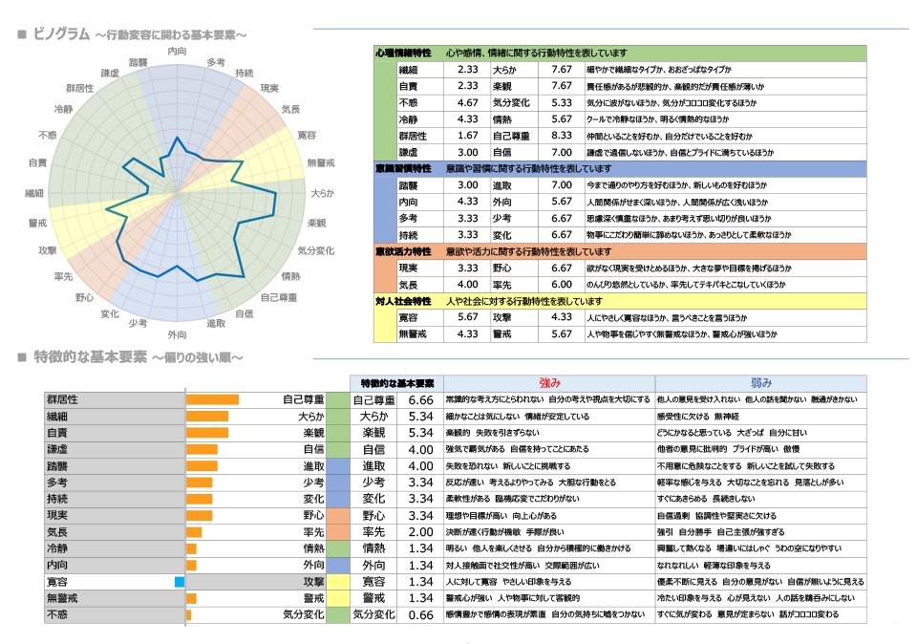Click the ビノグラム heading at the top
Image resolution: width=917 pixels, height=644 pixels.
[x=62, y=35]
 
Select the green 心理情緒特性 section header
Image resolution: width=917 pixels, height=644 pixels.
[x=402, y=53]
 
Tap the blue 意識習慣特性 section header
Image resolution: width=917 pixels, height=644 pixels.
[x=402, y=168]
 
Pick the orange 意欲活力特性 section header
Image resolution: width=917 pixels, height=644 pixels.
[x=402, y=251]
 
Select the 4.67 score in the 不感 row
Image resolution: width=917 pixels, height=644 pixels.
[x=468, y=102]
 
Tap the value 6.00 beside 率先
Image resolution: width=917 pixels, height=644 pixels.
[x=561, y=285]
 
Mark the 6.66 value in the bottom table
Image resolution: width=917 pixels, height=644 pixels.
[x=420, y=399]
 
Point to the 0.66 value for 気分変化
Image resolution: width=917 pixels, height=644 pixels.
[x=420, y=614]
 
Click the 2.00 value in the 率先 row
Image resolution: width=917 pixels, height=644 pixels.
[x=420, y=532]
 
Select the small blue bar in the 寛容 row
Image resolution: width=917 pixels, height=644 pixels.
[x=179, y=582]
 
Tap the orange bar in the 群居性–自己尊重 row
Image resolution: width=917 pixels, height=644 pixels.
[x=212, y=399]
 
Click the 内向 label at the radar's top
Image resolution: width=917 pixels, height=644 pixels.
[x=177, y=50]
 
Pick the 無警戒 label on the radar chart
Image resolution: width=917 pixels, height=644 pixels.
[x=321, y=163]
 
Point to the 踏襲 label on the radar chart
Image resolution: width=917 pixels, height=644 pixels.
[x=139, y=62]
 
